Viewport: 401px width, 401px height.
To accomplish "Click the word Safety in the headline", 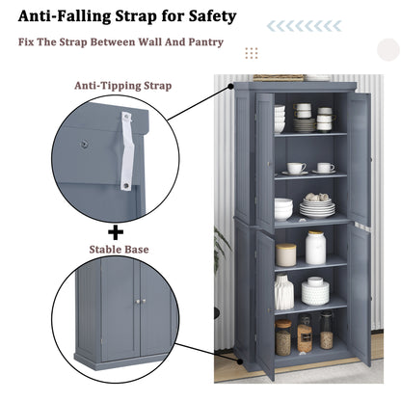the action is coord(212,16).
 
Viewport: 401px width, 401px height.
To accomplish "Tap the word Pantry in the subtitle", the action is coord(205,42).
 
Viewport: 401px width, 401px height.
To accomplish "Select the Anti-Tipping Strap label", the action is coord(123,86).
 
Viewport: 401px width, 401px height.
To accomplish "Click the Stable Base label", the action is coord(119,250).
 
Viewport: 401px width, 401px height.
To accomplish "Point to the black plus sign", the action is coord(116,232).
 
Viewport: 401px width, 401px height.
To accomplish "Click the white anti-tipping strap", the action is coord(127,150).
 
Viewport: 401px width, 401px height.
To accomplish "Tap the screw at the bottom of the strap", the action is coord(126,185).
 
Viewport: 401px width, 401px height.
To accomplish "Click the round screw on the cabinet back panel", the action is coord(84,145).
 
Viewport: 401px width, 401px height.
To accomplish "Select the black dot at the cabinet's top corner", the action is coord(230,87).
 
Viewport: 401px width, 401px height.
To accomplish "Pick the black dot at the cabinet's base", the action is coord(240,361).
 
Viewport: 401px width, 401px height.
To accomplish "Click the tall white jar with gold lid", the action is coord(315,248).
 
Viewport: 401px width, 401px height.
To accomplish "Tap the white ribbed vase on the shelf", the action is coord(284,292).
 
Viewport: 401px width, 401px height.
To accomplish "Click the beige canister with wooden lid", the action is coord(286,254).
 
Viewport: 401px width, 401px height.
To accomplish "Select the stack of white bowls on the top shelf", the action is coord(280,120).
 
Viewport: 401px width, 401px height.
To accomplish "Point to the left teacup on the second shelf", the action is coord(296,168).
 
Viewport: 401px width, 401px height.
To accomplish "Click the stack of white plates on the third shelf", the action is coord(317,208).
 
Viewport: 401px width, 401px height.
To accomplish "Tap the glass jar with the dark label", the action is coord(305,334).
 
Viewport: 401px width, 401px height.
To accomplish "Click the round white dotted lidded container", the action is coord(315,291).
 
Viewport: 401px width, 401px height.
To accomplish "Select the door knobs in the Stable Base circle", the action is coord(140,302).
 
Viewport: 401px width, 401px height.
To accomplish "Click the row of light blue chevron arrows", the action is coord(304,26).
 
